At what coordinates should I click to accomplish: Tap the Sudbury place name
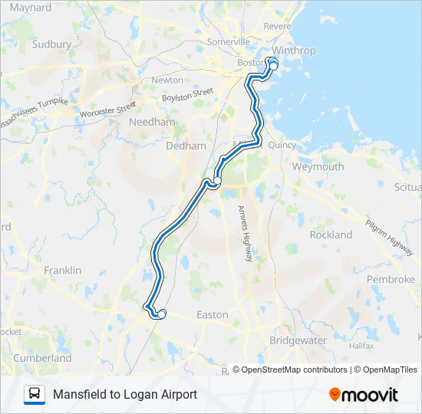point(52,44)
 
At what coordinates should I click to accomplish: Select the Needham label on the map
point(153,122)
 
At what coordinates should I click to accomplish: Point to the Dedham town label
point(186,146)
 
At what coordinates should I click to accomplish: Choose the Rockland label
point(331,235)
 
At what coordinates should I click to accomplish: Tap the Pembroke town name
point(391,280)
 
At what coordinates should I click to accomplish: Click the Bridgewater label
point(298,340)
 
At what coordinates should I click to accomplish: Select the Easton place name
point(213,314)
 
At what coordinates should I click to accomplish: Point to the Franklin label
point(63,271)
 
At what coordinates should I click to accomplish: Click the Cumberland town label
point(43,358)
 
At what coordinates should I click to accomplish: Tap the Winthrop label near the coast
point(294,51)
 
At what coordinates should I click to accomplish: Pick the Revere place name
point(277,25)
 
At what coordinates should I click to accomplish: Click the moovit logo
point(364,395)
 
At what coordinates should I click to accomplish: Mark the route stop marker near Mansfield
point(161,314)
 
